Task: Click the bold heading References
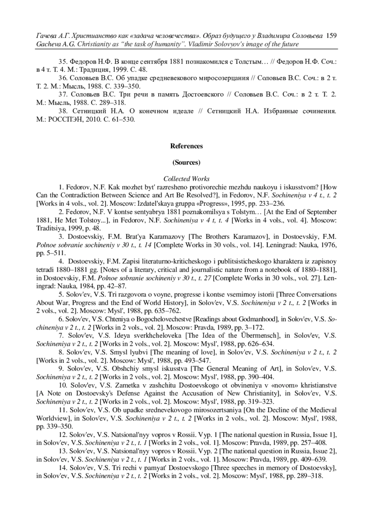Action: click(186, 146)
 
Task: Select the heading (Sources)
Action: click(186, 162)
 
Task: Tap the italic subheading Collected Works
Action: click(186, 179)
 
